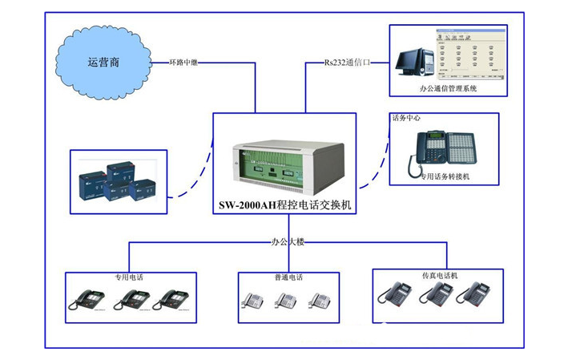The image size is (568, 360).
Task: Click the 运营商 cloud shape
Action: point(103,62)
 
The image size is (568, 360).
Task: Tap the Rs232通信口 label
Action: point(349,62)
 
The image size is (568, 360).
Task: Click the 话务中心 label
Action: point(406,118)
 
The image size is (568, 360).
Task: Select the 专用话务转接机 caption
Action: point(445,176)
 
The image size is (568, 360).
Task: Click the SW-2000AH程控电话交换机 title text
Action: point(285,205)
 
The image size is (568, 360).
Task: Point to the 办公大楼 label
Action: point(285,241)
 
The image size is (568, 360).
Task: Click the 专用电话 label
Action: point(128,277)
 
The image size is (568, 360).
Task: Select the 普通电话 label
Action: point(285,277)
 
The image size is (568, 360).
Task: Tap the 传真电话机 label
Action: point(439,275)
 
